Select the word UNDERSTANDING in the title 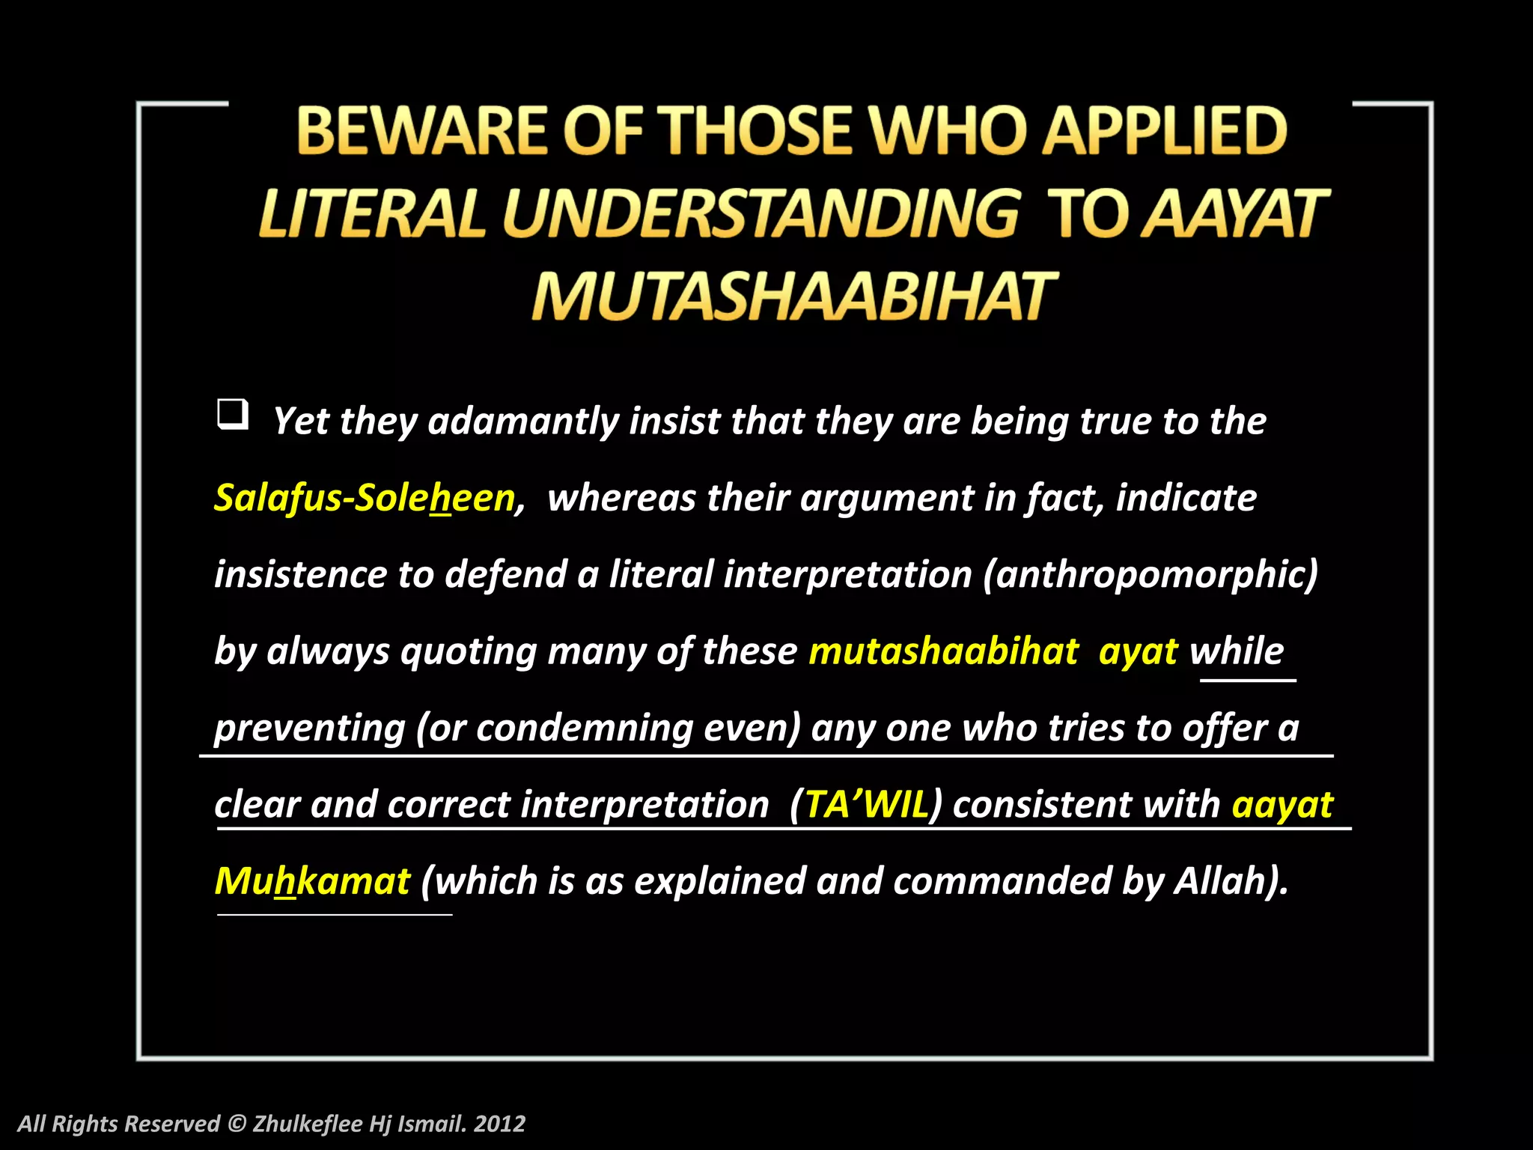coord(760,214)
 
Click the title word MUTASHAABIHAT coord(793,296)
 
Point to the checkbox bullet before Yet coord(232,414)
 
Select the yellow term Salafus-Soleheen coord(365,498)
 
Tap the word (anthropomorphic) coord(1150,575)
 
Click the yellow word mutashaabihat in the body coord(943,651)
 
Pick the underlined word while coord(1237,651)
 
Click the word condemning coord(585,728)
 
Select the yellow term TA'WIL coord(866,805)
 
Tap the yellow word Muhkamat coord(312,881)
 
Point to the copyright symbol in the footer coord(237,1124)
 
